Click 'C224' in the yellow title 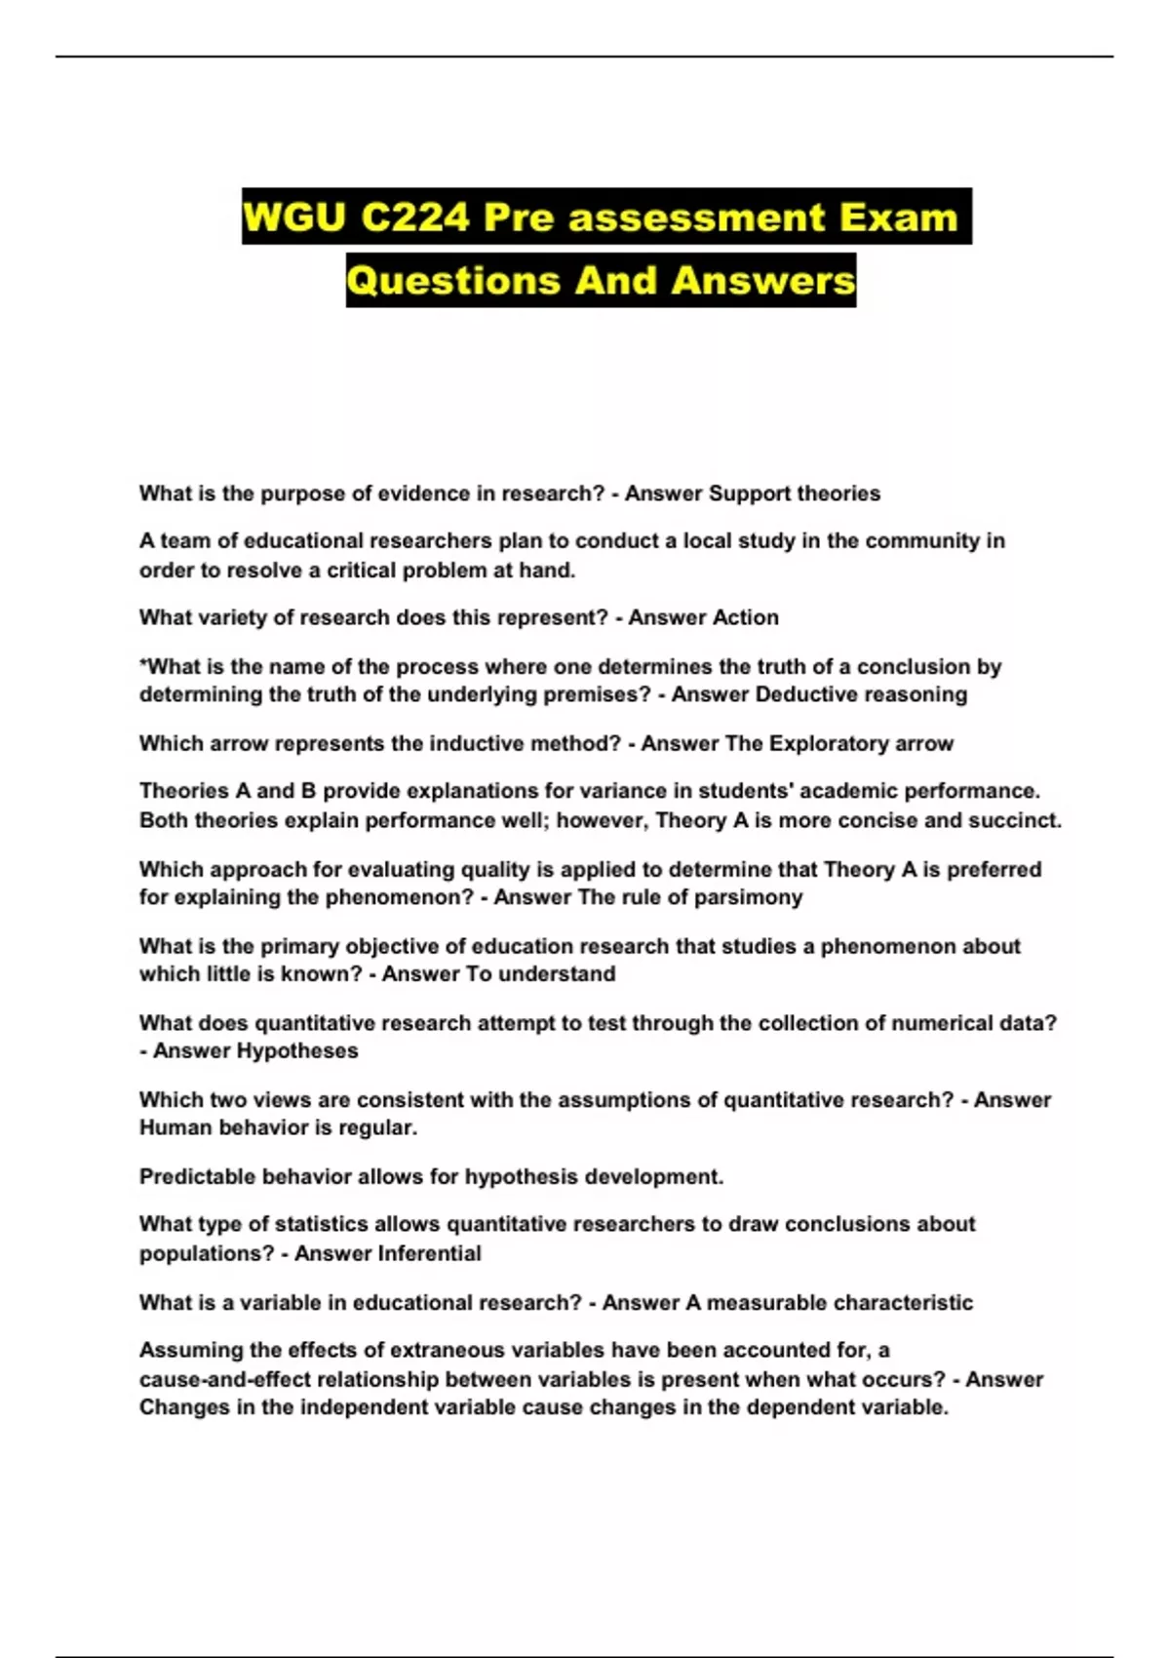coord(415,217)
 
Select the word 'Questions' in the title coord(452,281)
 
